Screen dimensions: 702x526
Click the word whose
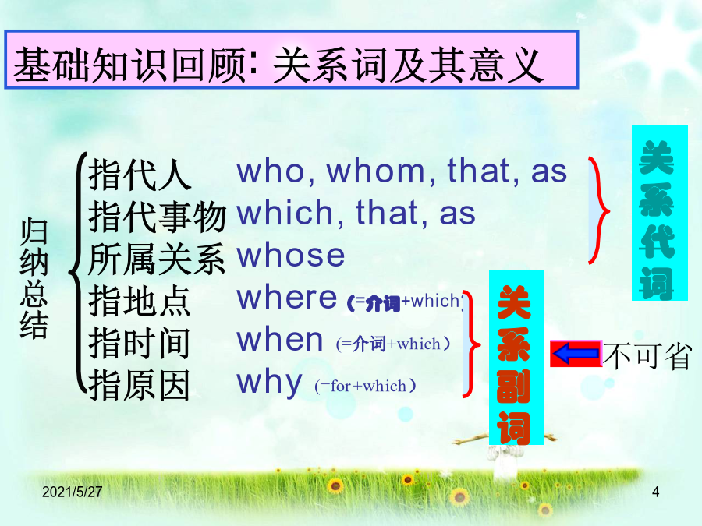click(x=291, y=255)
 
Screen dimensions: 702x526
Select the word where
click(x=287, y=297)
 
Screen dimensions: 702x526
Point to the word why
click(x=270, y=383)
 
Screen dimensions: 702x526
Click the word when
click(x=280, y=340)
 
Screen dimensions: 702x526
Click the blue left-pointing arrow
click(x=576, y=353)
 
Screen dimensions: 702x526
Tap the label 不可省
click(x=647, y=356)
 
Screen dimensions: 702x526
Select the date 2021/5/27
click(x=72, y=492)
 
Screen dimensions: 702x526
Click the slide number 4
click(x=655, y=492)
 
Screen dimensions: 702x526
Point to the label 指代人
click(x=140, y=175)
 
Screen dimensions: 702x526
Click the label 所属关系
click(x=157, y=259)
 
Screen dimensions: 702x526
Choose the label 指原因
click(x=140, y=385)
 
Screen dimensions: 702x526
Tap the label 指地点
click(x=140, y=301)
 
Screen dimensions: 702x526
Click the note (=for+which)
click(x=365, y=386)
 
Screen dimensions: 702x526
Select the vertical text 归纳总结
click(x=34, y=278)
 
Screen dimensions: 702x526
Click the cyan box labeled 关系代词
click(x=659, y=213)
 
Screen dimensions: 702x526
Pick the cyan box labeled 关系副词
click(x=516, y=358)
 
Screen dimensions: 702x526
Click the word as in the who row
click(x=549, y=172)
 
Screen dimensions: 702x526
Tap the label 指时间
click(x=140, y=343)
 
